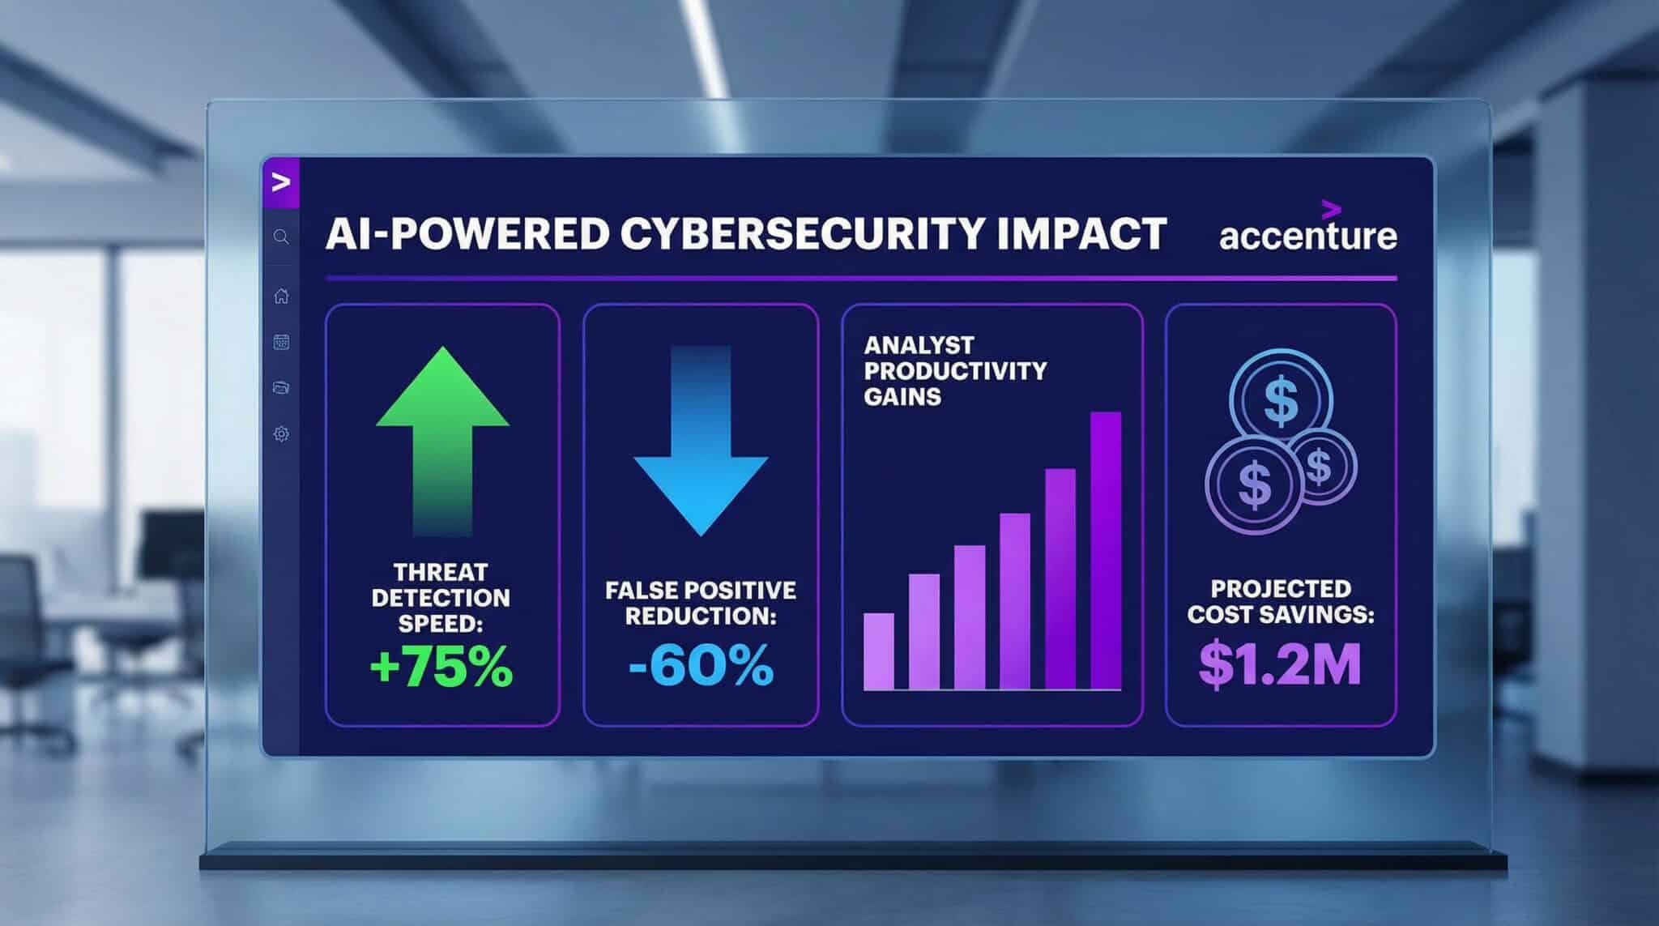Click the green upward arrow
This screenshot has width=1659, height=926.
[x=442, y=442]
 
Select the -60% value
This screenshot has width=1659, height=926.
[x=701, y=667]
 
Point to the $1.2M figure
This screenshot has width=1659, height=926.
[x=1280, y=664]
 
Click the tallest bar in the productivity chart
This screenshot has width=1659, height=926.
[x=1106, y=551]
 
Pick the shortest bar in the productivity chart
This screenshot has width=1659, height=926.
[x=879, y=651]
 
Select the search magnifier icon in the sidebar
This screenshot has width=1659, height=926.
[x=281, y=237]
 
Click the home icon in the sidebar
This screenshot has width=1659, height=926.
[x=281, y=296]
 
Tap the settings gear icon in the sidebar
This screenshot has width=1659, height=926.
[x=281, y=434]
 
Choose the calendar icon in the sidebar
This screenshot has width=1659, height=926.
[x=281, y=342]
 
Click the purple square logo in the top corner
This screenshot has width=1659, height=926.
[x=281, y=183]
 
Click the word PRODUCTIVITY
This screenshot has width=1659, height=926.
[x=955, y=371]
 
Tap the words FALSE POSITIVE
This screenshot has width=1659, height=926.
[x=701, y=590]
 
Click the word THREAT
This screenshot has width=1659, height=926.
[x=441, y=572]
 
